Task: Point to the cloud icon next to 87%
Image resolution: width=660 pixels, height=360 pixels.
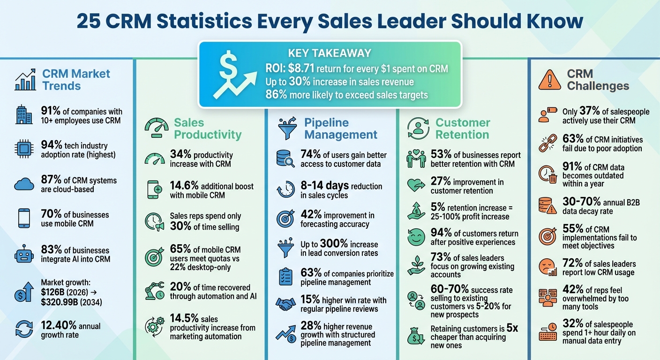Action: pos(24,184)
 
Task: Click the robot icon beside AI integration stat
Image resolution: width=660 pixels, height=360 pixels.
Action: pos(24,255)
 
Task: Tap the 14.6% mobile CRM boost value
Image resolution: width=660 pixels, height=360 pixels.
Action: pos(184,186)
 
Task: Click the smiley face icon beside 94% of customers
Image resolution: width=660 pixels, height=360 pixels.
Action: pos(415,238)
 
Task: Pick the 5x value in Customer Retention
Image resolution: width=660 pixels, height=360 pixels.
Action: pos(512,328)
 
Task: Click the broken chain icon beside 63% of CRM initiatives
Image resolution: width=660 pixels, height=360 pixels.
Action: pos(547,143)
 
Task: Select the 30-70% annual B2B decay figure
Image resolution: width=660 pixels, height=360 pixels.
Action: pos(581,202)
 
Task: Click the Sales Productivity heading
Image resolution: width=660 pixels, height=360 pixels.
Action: pos(207,129)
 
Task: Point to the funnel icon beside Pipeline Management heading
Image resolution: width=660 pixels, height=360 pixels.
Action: pos(287,129)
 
